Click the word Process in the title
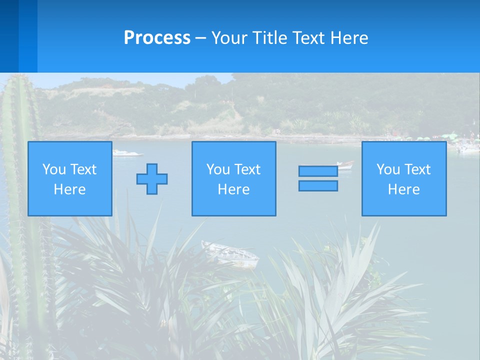pos(157,38)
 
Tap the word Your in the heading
pos(230,38)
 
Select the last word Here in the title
pos(348,38)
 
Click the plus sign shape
pos(152,178)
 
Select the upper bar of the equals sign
pos(318,171)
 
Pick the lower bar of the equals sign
pos(318,185)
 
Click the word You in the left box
pos(53,169)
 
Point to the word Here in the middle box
pos(233,189)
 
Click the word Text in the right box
pos(418,169)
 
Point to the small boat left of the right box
pos(345,164)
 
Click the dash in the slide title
pos(201,38)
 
